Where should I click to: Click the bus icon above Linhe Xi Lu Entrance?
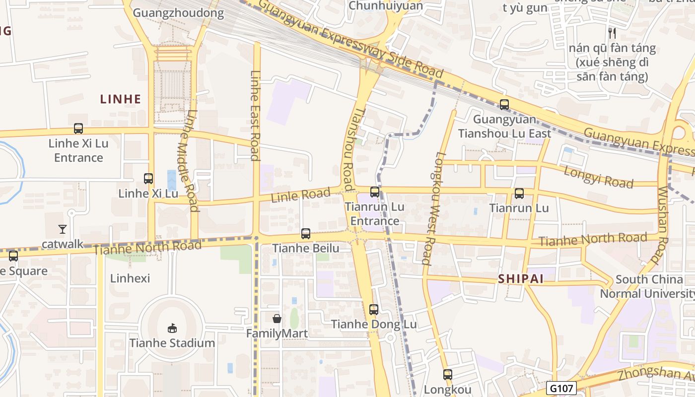click(78, 129)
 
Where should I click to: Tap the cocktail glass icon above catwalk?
click(63, 229)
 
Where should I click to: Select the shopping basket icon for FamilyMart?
click(277, 319)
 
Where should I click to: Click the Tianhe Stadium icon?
click(172, 328)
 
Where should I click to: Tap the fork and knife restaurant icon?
click(612, 33)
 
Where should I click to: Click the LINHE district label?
click(121, 99)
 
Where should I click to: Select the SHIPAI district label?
click(521, 279)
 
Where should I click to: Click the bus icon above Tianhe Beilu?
click(306, 233)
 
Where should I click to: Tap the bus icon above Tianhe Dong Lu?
click(374, 310)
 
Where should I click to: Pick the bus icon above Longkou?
click(448, 375)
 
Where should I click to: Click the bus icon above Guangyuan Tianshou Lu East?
click(504, 105)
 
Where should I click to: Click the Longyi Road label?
click(599, 176)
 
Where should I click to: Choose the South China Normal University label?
click(647, 286)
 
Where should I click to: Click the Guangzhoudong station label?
click(179, 13)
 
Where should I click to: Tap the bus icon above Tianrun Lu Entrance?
click(375, 192)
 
